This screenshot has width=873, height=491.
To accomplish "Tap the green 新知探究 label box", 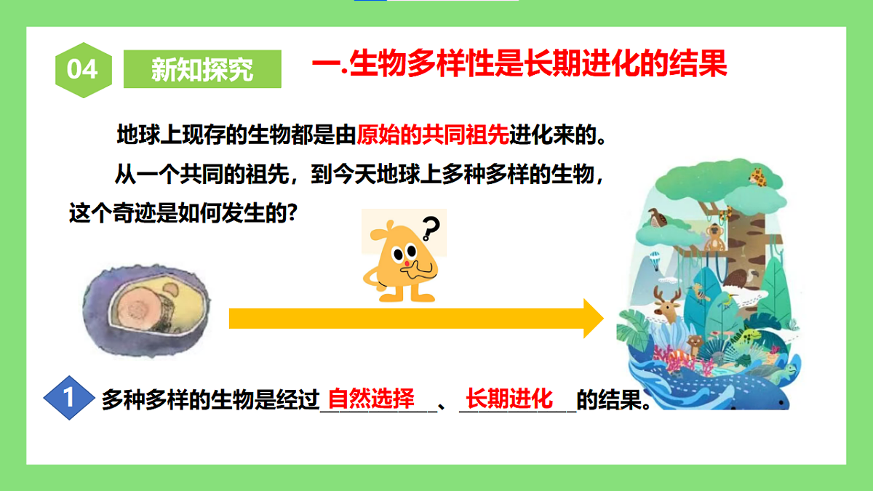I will pos(202,69).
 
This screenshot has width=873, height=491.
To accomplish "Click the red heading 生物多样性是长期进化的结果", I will pos(538,64).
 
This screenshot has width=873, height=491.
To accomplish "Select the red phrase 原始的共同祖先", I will pos(432,136).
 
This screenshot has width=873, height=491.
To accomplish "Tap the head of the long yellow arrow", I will pos(593,319).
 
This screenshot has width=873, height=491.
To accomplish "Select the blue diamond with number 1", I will pos(69,398).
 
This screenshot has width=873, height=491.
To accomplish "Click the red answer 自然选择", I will pos(371,399).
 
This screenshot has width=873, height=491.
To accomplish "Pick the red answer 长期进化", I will pos(509,399).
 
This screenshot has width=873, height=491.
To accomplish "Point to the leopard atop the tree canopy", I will pos(759,177).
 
